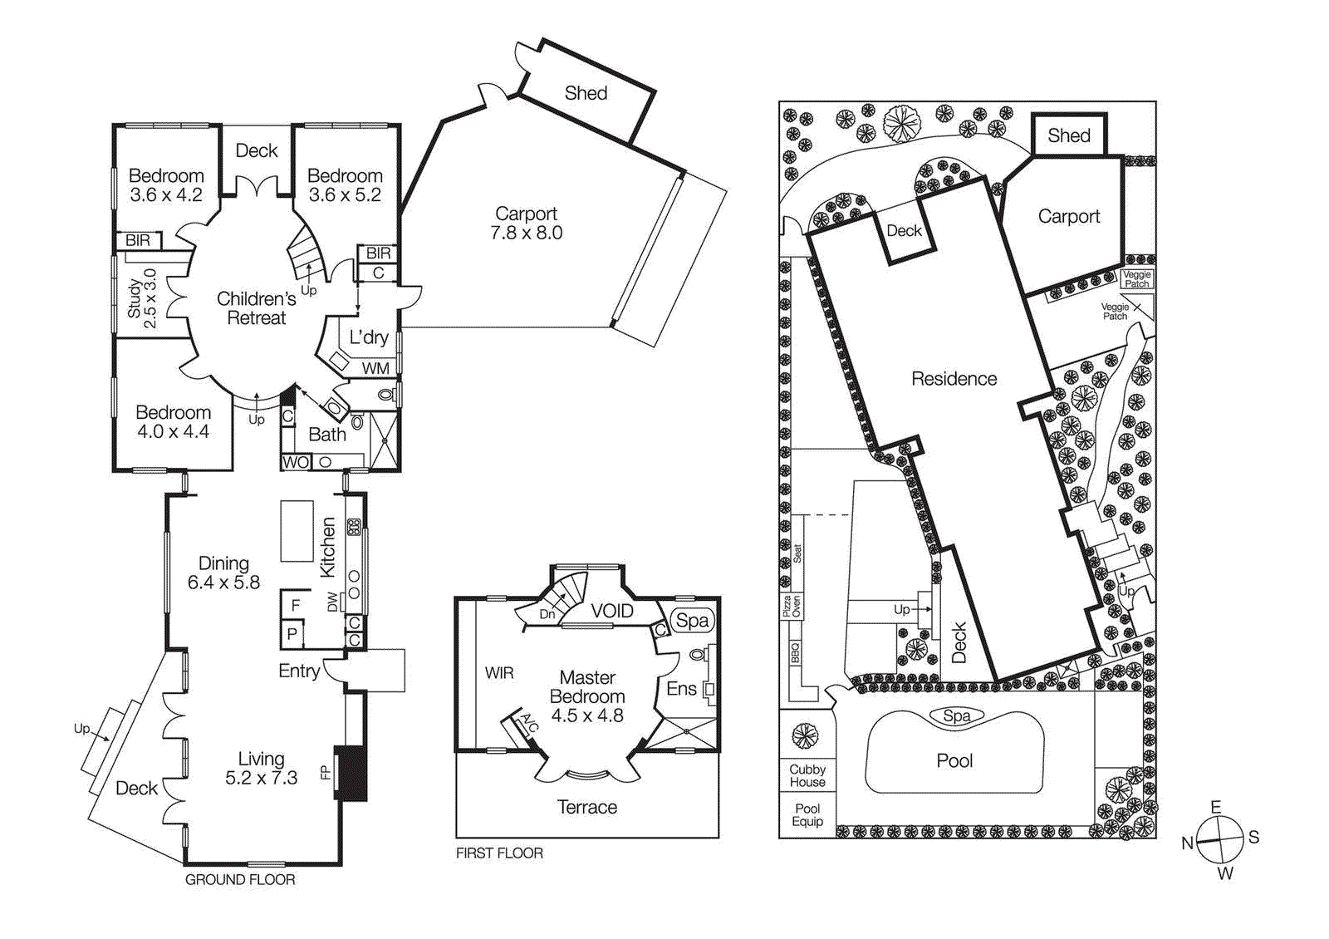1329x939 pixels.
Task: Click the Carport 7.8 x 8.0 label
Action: [526, 224]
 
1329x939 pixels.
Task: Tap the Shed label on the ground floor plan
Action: [586, 93]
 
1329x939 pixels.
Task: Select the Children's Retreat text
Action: [256, 308]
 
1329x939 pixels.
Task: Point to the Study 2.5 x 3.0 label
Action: [142, 298]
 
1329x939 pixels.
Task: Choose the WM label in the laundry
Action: [375, 368]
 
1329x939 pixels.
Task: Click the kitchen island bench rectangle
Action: [297, 531]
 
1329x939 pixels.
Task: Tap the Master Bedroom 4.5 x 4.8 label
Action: [586, 696]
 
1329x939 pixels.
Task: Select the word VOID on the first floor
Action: [612, 611]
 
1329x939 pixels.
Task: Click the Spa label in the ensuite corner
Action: [692, 621]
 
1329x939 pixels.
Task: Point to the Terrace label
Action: [586, 807]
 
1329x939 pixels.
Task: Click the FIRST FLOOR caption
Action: [499, 853]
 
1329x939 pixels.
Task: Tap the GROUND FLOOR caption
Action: [240, 880]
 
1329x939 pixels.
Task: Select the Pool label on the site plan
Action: [954, 761]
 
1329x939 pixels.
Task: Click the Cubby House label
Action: [807, 776]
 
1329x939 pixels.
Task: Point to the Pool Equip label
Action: [807, 815]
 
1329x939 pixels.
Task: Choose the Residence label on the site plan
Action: [954, 379]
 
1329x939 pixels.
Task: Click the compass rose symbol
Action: [1219, 840]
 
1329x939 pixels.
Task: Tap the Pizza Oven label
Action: [792, 606]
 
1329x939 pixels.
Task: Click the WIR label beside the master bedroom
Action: [499, 673]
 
